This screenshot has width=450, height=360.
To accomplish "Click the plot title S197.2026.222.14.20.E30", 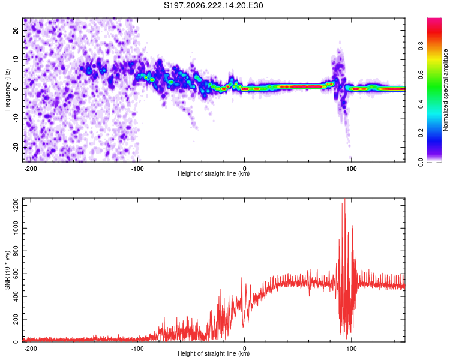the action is click(x=213, y=5).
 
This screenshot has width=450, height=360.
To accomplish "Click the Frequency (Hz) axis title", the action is click(x=7, y=90).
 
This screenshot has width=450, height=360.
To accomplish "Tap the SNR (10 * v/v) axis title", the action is click(x=7, y=270).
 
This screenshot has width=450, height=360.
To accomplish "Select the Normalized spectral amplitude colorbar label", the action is click(x=445, y=90).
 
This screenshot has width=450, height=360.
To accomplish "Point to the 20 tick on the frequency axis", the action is click(x=16, y=30).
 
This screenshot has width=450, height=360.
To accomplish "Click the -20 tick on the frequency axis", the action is click(x=16, y=148).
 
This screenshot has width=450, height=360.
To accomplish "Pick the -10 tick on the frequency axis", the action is click(x=16, y=118).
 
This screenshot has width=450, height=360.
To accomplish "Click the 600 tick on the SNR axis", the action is click(x=16, y=274).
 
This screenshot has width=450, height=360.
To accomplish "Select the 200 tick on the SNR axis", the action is click(x=16, y=319).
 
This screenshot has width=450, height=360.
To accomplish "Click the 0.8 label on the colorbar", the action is click(x=421, y=46).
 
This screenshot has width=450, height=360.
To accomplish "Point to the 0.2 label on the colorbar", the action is click(x=421, y=133).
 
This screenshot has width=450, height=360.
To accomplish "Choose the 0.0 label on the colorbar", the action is click(x=421, y=162).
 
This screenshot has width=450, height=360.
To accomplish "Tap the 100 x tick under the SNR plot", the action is click(x=351, y=349).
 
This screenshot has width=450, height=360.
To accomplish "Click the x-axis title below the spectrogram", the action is click(x=214, y=173).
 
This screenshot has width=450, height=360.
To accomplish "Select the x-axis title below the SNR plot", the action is click(x=214, y=353).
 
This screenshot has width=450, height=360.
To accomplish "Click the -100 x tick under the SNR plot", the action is click(x=137, y=349).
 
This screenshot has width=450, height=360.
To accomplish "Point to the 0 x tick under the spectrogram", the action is click(x=245, y=169).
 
